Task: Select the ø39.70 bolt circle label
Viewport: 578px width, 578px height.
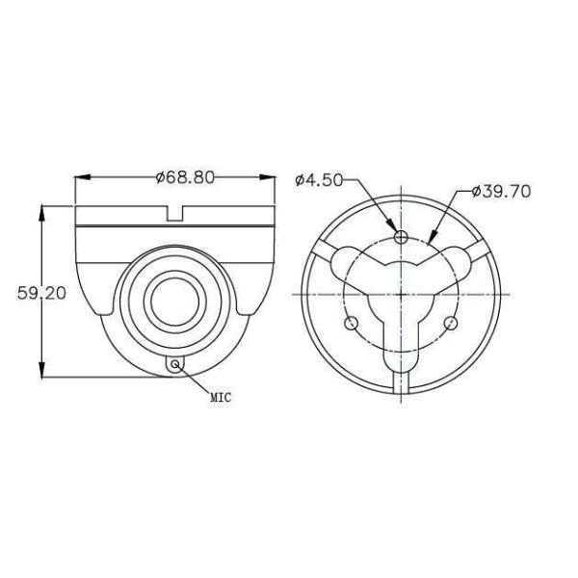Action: coord(501,192)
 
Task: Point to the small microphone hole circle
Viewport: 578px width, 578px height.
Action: coord(175,364)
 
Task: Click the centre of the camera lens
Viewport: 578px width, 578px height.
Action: coord(174,299)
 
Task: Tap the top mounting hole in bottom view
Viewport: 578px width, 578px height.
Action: coord(402,236)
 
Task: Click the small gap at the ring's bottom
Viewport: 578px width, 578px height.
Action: coord(402,390)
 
